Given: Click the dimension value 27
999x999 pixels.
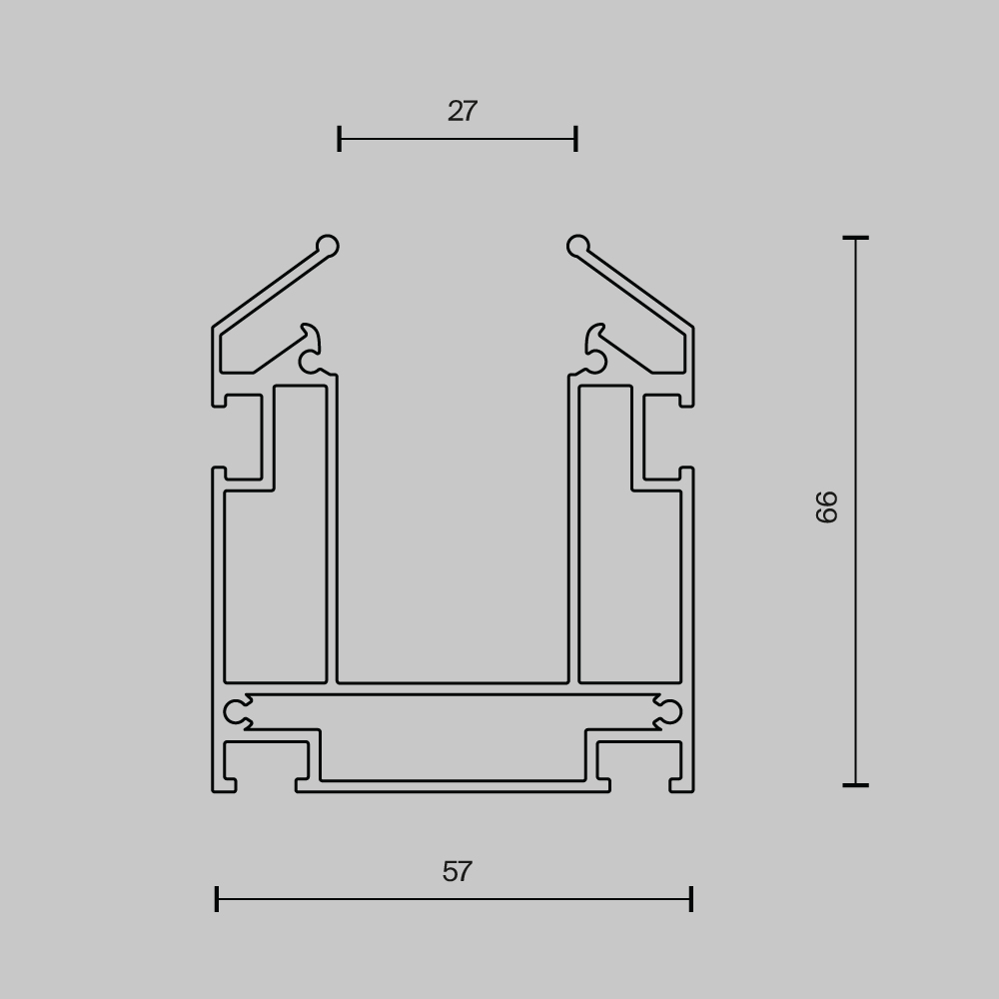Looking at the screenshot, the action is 462,112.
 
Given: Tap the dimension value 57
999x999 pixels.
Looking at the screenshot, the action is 457,871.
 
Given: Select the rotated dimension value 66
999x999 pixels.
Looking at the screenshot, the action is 826,507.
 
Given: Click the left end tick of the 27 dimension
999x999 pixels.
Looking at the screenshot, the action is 340,139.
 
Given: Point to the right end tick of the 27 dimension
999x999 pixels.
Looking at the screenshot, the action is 576,139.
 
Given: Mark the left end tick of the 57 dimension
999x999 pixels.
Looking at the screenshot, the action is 217,899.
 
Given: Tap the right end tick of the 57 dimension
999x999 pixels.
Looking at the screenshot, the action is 691,899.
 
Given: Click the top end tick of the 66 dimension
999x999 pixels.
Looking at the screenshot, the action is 856,239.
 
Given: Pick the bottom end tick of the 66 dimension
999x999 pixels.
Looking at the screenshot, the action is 856,785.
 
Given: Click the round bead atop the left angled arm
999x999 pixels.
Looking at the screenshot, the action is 328,246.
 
